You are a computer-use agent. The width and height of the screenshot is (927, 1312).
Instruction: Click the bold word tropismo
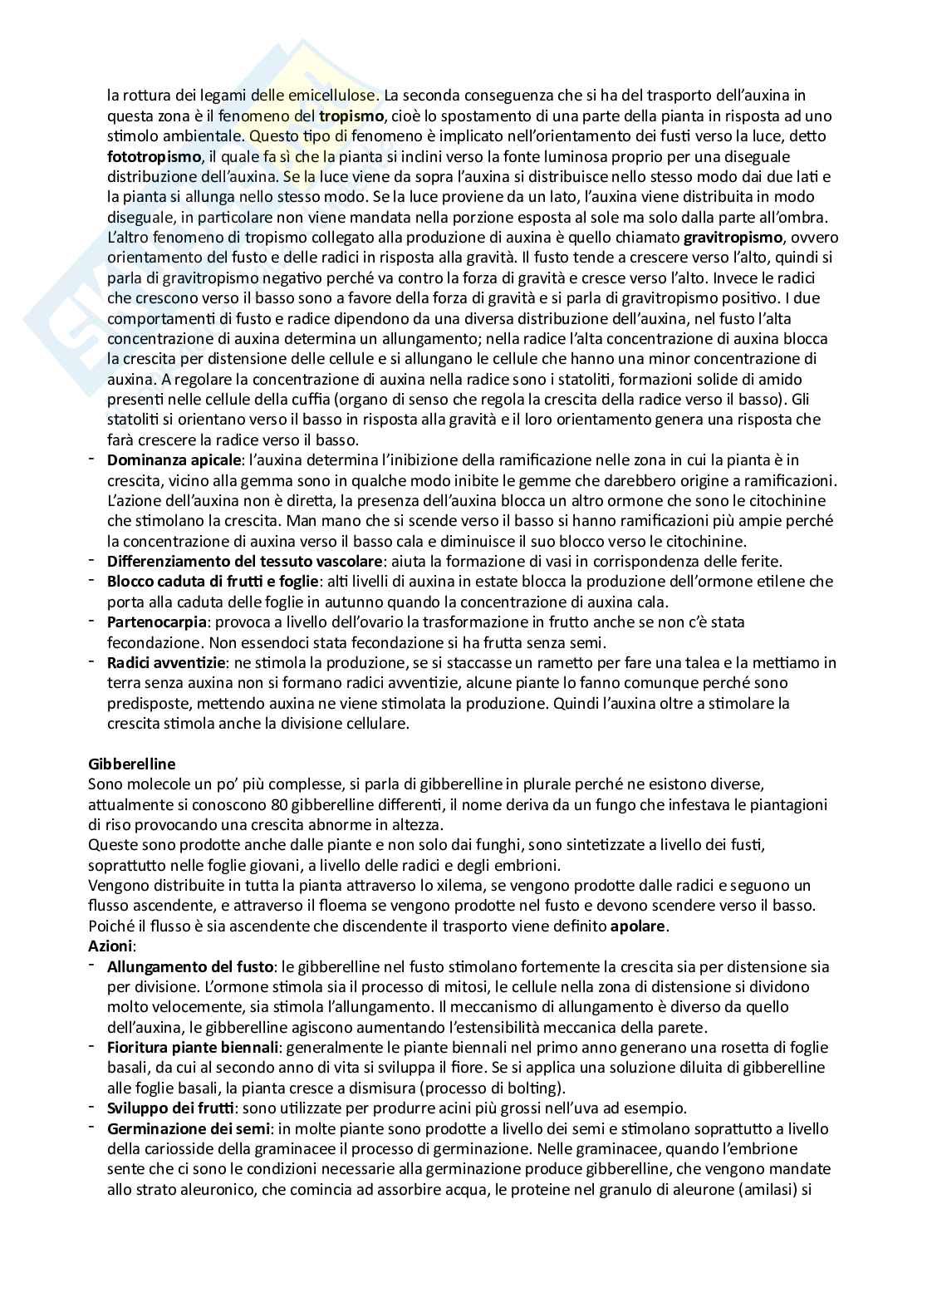[351, 115]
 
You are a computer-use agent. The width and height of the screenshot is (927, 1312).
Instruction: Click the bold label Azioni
[110, 946]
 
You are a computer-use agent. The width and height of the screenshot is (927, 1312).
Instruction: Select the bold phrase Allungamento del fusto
[190, 966]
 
